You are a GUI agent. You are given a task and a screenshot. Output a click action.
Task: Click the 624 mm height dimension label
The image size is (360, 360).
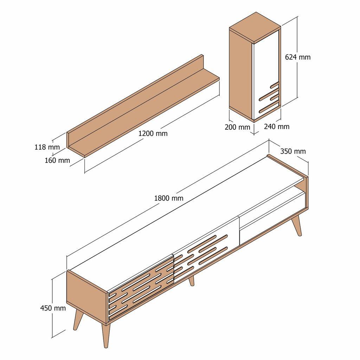tap(297, 57)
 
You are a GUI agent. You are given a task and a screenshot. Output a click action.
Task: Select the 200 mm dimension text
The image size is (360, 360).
tap(237, 127)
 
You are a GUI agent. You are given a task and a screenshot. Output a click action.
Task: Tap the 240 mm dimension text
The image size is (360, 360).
tap(277, 127)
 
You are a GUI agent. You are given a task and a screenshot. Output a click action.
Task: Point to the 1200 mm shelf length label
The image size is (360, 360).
tap(153, 134)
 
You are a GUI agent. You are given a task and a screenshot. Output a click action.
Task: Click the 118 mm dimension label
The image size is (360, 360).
tap(47, 147)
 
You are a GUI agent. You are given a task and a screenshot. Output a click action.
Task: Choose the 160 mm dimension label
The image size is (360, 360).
tap(57, 161)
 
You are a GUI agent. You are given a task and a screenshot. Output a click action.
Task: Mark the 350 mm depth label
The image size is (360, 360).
tap(293, 151)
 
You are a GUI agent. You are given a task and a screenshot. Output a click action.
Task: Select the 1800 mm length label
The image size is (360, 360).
tap(169, 198)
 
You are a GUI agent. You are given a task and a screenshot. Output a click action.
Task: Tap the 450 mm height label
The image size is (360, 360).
tap(53, 308)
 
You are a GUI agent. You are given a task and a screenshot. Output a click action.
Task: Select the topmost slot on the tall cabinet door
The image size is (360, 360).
tap(274, 85)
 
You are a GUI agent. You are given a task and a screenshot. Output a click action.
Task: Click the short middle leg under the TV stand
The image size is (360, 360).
tap(191, 281)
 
